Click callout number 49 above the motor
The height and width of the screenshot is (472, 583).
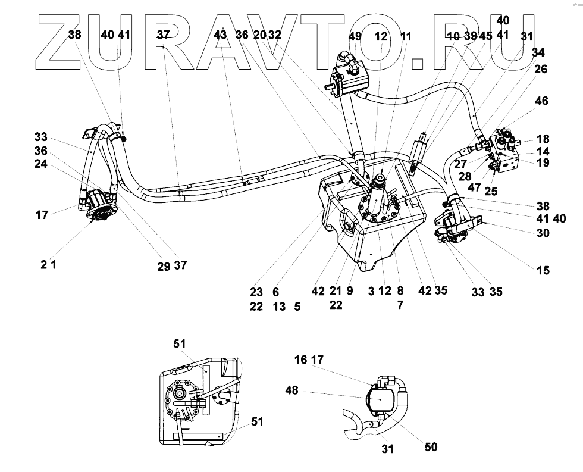click(x=355, y=36)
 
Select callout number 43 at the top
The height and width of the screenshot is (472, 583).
click(x=220, y=35)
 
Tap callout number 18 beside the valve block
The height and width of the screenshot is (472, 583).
click(x=543, y=139)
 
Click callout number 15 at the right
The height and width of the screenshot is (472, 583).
click(x=543, y=271)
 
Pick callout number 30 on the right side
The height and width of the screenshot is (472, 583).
click(x=543, y=233)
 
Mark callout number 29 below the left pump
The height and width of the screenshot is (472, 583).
click(x=164, y=267)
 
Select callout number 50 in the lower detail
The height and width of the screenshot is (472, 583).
click(x=430, y=446)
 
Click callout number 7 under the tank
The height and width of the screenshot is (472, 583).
click(x=400, y=305)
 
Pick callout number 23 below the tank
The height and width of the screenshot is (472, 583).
click(x=256, y=292)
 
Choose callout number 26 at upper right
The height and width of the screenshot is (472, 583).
click(x=541, y=70)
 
